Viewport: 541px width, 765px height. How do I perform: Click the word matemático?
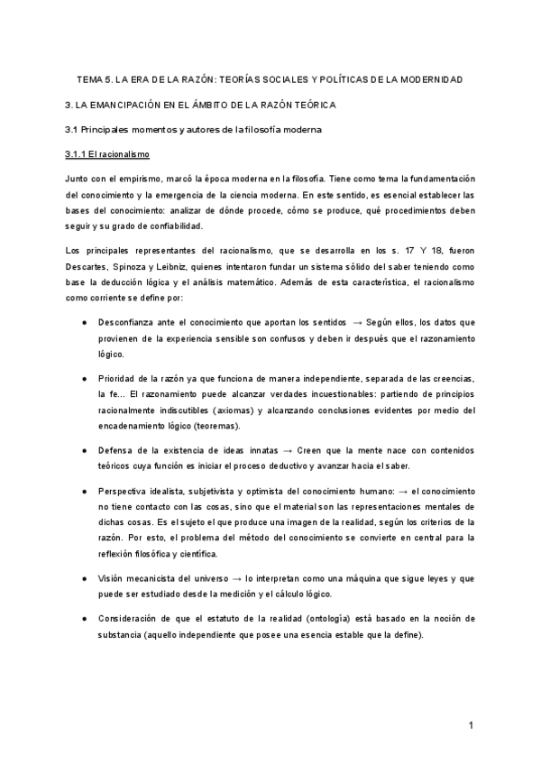280,281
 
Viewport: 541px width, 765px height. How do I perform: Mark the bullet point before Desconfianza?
83,322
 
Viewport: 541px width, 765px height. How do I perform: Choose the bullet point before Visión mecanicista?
83,577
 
